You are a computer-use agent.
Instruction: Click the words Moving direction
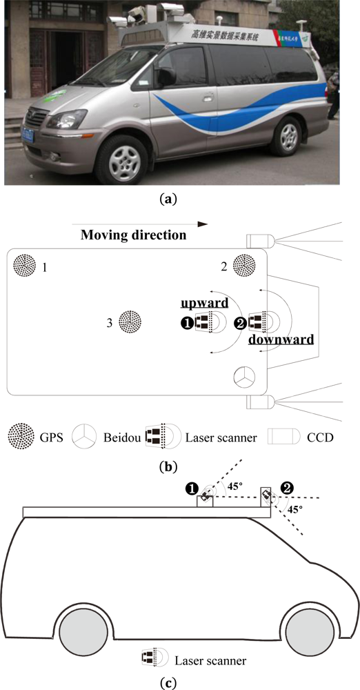pos(133,235)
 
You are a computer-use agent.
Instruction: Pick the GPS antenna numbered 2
pos(245,265)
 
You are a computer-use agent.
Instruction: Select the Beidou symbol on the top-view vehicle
pos(244,377)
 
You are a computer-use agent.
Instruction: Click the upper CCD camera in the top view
pos(261,241)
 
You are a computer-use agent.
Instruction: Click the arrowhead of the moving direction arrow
pos(202,224)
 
